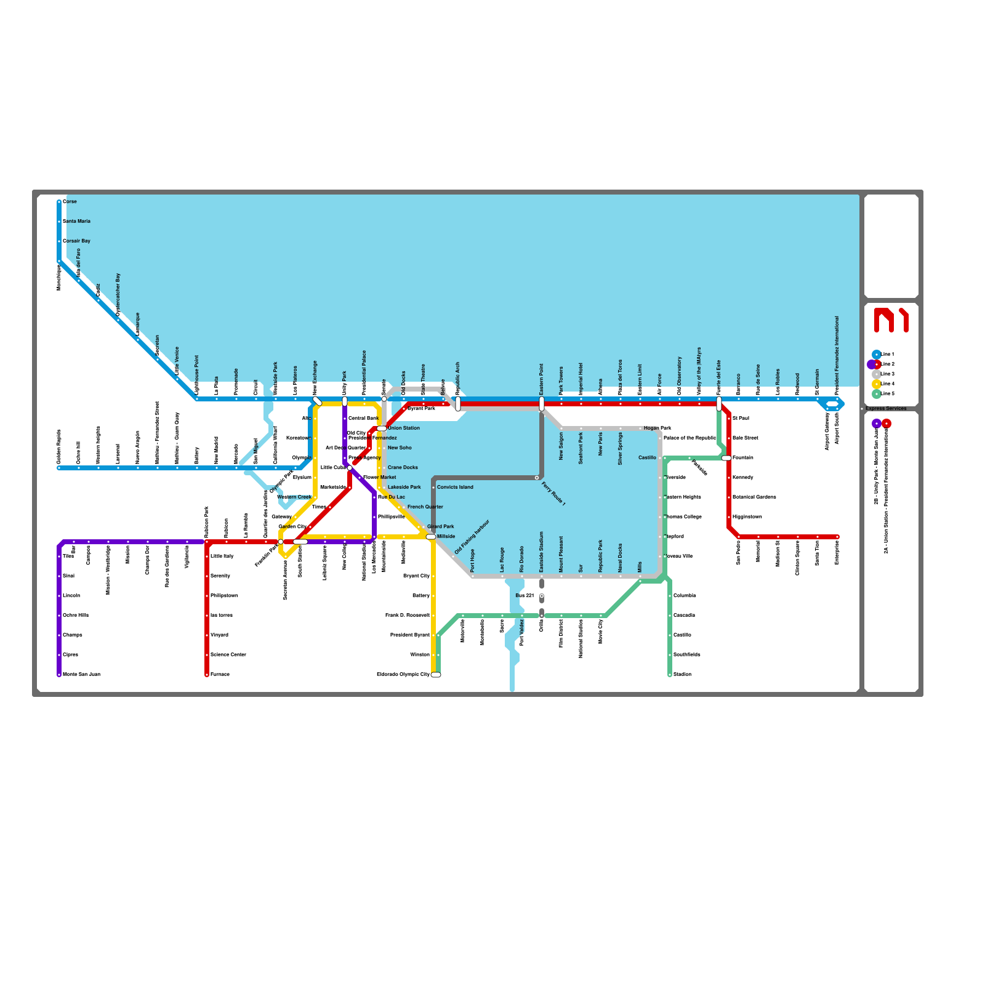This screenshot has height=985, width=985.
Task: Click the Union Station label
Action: (x=403, y=428)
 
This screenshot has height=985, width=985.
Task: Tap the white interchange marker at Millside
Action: (x=431, y=537)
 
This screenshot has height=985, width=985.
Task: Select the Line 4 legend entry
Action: (x=887, y=384)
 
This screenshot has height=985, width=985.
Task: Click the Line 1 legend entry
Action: (x=887, y=354)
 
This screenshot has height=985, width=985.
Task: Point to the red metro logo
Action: (x=891, y=320)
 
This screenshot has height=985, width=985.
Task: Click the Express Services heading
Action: (x=886, y=408)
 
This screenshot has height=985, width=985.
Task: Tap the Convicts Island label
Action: (x=455, y=487)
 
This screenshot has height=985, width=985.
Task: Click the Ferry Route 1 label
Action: (x=553, y=494)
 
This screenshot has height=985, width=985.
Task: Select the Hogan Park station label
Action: (x=657, y=428)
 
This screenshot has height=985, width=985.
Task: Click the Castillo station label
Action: (x=647, y=457)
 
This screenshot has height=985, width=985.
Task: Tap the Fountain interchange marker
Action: (x=726, y=458)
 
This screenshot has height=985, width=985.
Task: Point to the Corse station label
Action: (x=70, y=201)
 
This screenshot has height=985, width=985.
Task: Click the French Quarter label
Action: (x=425, y=507)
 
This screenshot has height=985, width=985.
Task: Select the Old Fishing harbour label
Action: (x=472, y=537)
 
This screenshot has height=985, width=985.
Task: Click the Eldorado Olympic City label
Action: (x=403, y=674)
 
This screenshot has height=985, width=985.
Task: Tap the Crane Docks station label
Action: (x=403, y=467)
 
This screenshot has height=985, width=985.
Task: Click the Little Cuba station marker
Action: (x=350, y=468)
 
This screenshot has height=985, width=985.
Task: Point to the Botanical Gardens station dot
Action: (x=729, y=497)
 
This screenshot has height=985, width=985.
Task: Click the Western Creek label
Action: (x=294, y=497)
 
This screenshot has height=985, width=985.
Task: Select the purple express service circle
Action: (x=877, y=424)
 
